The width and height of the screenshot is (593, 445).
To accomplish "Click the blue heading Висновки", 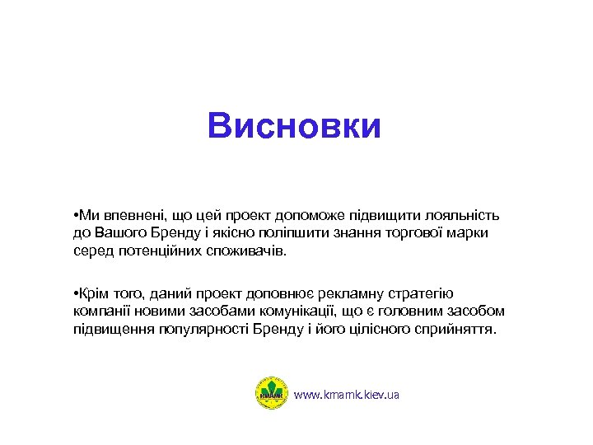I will (295, 127).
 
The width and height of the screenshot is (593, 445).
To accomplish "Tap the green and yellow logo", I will (271, 394).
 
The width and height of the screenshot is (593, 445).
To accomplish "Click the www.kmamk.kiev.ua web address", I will (346, 396).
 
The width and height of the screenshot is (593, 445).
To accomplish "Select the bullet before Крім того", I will (74, 294).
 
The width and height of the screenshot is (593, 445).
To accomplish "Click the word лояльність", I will (466, 216).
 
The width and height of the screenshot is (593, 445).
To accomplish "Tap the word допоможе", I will (318, 216).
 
